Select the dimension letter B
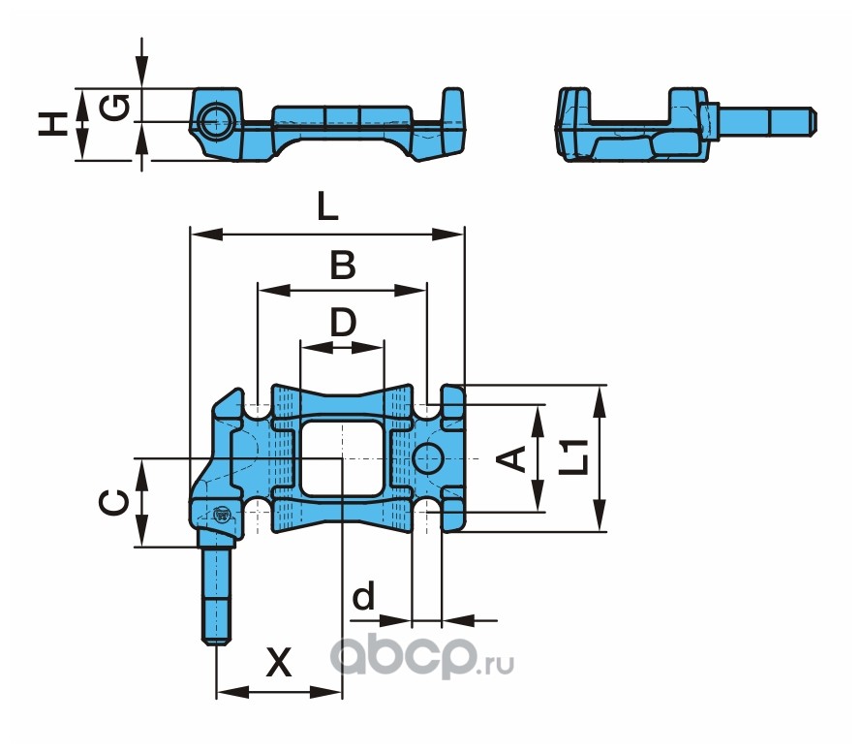(x=343, y=265)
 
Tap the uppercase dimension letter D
(x=343, y=322)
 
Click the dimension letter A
(x=511, y=458)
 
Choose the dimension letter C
(x=114, y=503)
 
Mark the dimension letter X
(x=279, y=662)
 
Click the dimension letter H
(x=52, y=124)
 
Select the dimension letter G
(x=115, y=108)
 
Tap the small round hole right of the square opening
(x=429, y=458)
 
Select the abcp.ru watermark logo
(x=421, y=656)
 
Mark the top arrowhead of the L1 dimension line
(x=600, y=401)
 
